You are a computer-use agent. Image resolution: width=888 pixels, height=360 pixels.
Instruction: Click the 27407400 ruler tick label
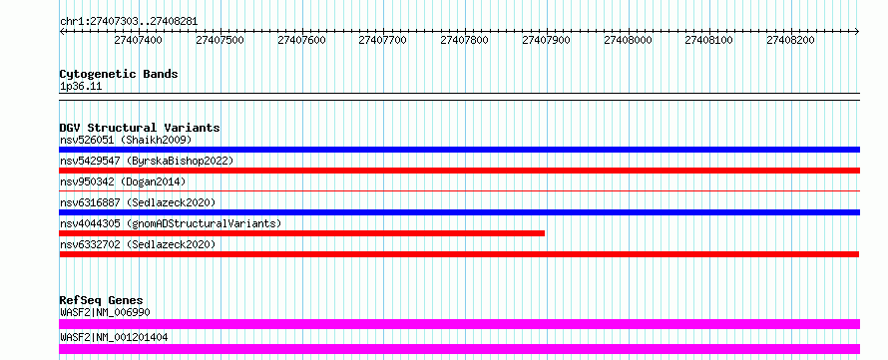tap(138, 40)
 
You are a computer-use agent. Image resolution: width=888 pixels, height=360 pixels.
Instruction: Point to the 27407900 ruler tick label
tap(546, 40)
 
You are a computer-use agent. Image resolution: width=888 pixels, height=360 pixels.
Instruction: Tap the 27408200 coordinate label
tap(790, 40)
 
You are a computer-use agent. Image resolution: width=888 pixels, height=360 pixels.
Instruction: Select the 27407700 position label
tap(383, 40)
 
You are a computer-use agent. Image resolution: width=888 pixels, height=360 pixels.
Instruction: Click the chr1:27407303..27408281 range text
tap(129, 22)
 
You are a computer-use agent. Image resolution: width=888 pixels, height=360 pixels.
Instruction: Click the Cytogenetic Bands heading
tap(119, 74)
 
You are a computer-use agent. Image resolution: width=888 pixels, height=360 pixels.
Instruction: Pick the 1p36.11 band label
tap(81, 87)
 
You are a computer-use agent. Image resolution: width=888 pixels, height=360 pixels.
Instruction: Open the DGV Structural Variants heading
tap(140, 128)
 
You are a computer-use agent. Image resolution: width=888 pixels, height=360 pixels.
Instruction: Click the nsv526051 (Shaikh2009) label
tap(127, 140)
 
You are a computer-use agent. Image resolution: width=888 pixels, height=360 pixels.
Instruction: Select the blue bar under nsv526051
tap(460, 150)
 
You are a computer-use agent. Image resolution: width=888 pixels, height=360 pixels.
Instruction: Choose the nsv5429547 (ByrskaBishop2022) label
tap(147, 161)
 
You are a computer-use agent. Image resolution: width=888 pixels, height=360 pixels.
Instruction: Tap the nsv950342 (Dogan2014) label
tap(123, 181)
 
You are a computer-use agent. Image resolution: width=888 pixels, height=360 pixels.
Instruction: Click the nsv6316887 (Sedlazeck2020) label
tap(138, 202)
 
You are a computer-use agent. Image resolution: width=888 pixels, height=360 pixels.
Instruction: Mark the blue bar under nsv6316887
tap(460, 212)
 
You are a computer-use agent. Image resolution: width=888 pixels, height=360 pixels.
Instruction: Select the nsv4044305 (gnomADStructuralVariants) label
tap(171, 223)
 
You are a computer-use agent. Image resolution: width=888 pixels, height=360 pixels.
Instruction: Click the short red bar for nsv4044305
tap(302, 233)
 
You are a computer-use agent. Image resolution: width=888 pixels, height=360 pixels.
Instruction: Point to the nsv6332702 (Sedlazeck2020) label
tap(138, 244)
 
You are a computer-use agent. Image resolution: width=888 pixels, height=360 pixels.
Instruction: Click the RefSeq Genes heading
tap(102, 300)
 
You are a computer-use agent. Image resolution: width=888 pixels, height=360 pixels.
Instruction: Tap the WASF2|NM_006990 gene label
tap(106, 312)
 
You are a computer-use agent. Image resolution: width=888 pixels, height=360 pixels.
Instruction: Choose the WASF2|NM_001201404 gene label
tap(114, 338)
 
